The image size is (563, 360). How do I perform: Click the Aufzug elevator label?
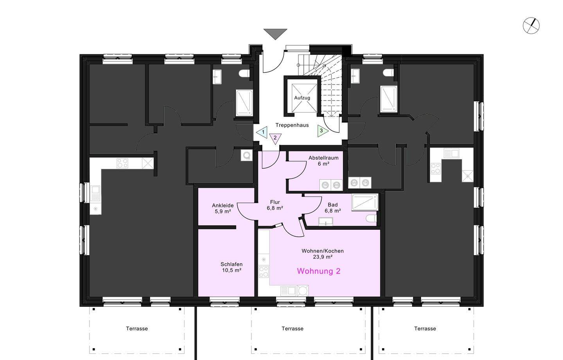[x=302, y=98]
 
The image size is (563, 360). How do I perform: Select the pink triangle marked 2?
[x=275, y=138]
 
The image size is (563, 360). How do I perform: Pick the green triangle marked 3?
[x=322, y=131]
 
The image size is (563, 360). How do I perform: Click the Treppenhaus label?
[x=292, y=125]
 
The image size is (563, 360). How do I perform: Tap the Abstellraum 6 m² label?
[x=323, y=161]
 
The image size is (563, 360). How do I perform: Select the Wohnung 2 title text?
[x=319, y=271]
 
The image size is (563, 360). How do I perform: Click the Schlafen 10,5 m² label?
[x=231, y=267]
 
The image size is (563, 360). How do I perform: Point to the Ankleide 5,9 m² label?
[x=223, y=208]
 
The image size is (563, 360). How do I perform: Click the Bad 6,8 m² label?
[x=332, y=207]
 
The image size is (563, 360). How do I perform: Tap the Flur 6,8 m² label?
[x=275, y=205]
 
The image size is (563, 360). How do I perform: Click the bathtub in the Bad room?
[x=365, y=202]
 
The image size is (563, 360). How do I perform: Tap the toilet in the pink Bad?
[x=371, y=218]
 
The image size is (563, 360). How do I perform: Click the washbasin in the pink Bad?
[x=325, y=221]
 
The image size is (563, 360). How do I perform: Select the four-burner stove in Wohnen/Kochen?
[x=264, y=272]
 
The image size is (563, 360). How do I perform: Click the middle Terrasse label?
[x=292, y=329]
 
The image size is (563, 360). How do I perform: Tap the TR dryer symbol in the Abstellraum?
[x=325, y=185]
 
